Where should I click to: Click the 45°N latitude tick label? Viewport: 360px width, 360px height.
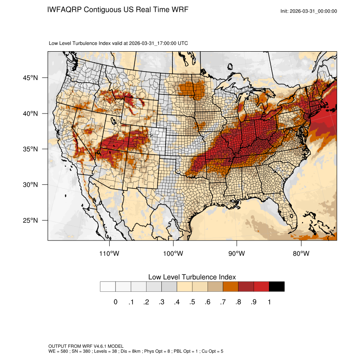tap(30, 78)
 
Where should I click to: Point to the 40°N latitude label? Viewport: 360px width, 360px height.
tap(30, 114)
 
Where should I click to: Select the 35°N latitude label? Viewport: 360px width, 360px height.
tap(30, 149)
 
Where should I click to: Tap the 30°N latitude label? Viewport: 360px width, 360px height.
tap(30, 185)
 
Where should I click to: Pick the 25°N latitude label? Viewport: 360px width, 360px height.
tap(30, 220)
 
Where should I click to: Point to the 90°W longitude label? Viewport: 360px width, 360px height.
tap(237, 254)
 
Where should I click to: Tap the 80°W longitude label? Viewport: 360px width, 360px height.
tap(301, 254)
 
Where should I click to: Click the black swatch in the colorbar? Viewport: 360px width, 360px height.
tap(277, 287)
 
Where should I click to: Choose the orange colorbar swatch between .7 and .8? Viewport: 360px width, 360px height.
tap(230, 287)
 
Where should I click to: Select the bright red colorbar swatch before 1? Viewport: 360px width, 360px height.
tap(261, 287)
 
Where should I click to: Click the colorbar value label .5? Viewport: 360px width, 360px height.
tap(192, 302)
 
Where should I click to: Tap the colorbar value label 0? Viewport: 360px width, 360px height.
tap(115, 302)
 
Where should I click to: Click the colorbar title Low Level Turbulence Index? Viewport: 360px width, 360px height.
tap(192, 277)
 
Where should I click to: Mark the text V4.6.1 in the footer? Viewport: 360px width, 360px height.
tap(98, 346)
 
